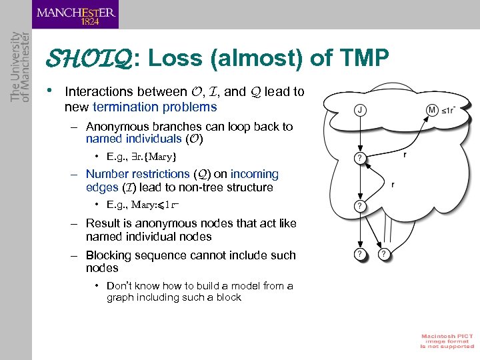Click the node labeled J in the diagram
pos(359,111)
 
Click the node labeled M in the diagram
pos(432,109)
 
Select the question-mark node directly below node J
pos(359,158)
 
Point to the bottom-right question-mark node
pos(384,254)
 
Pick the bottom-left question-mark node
pos(359,254)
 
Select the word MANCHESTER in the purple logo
pos(76,11)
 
